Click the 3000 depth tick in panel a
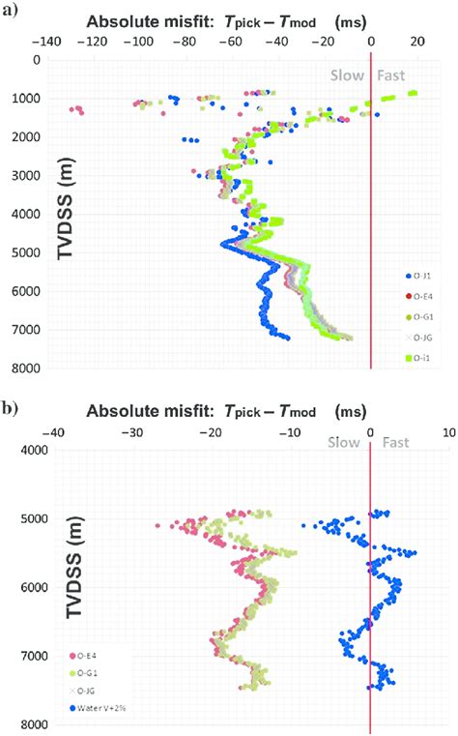28,175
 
